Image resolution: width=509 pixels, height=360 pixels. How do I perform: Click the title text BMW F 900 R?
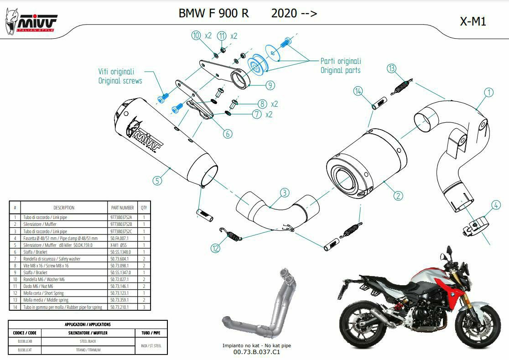(x=213, y=13)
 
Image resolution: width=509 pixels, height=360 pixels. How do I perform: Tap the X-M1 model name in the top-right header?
(x=473, y=21)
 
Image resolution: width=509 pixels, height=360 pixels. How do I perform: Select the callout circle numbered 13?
(x=391, y=68)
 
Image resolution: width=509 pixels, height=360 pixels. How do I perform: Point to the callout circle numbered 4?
(x=496, y=205)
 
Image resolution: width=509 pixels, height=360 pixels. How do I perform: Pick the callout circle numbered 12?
(x=215, y=248)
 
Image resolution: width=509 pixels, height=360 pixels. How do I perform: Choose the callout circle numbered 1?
(x=488, y=92)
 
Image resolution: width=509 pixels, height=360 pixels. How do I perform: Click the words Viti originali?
(x=116, y=72)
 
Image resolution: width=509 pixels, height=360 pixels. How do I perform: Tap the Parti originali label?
(x=341, y=61)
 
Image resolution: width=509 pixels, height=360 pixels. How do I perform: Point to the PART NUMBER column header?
(x=122, y=208)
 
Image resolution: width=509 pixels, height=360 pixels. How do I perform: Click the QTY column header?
(x=144, y=208)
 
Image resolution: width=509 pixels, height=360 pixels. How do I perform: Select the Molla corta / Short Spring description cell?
(x=50, y=293)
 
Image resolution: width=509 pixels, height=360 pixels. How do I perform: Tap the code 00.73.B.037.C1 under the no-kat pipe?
(x=256, y=352)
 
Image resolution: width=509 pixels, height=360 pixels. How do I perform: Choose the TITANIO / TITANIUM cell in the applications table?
(x=89, y=350)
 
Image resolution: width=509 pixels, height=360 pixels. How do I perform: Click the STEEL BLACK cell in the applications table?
(x=89, y=341)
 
